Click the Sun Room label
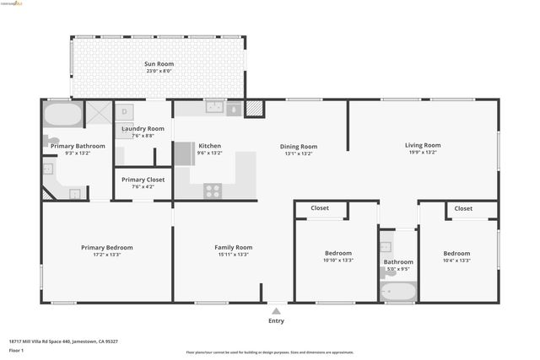[x=158, y=63]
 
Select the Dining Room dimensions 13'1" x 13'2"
[x=299, y=153]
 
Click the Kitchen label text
[x=209, y=146]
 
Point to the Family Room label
[x=233, y=247]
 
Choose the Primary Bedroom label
[x=106, y=247]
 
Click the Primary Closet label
[x=143, y=180]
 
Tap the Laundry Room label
[x=143, y=128]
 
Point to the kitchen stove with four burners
[x=213, y=191]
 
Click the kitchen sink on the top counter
[x=214, y=108]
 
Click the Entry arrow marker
[x=276, y=310]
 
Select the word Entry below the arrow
[x=276, y=320]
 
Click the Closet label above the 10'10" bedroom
[x=320, y=207]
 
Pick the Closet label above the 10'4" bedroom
[x=463, y=208]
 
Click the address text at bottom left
[x=63, y=341]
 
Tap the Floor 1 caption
[x=16, y=349]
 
